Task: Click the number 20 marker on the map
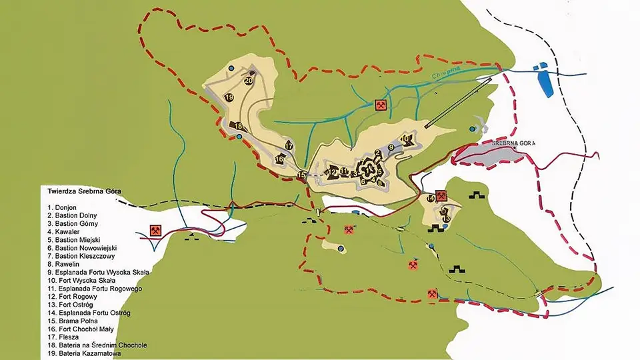249,81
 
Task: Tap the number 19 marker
229,97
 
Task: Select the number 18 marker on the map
237,125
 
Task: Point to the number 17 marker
289,145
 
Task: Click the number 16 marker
279,159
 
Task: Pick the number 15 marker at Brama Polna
302,175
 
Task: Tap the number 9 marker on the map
392,147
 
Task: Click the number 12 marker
332,172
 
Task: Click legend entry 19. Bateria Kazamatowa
85,353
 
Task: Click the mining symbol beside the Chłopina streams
381,105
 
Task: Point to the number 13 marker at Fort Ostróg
447,218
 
